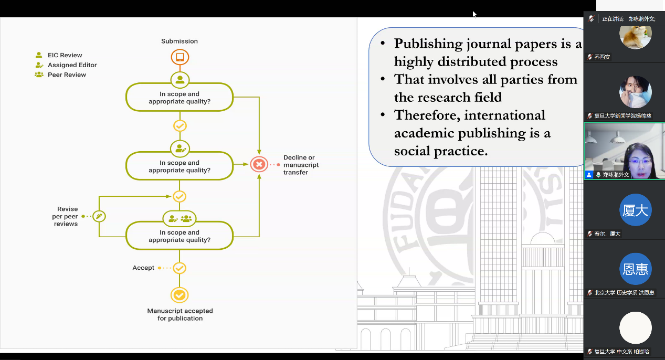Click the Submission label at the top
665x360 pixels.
pos(180,41)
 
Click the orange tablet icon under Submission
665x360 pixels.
pos(180,57)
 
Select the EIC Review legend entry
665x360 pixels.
pos(65,55)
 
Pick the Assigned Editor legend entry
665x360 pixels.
pos(72,65)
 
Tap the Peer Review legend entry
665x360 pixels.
pos(67,75)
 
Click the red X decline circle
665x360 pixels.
pos(259,164)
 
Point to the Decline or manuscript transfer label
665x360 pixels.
pos(301,165)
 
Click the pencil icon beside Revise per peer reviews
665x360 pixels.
pos(99,216)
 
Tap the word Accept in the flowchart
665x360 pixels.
pos(143,268)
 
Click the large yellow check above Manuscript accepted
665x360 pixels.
pos(180,295)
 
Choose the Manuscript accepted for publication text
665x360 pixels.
pos(180,314)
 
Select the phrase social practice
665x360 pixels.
pos(441,151)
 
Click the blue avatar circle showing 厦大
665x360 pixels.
pos(636,210)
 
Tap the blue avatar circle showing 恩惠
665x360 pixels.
pos(636,269)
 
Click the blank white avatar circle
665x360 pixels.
pos(636,328)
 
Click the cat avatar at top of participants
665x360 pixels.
pos(636,34)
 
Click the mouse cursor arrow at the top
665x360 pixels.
pos(474,14)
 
